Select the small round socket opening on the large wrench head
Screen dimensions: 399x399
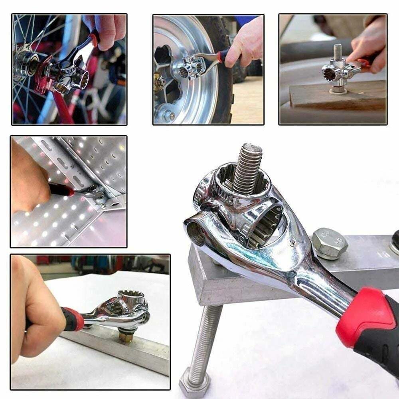click(x=196, y=233)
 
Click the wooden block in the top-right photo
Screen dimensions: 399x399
click(x=339, y=96)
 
